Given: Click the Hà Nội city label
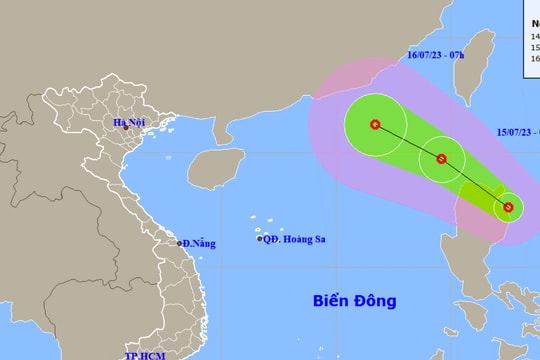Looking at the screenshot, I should pyautogui.click(x=129, y=124).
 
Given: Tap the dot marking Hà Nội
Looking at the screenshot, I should pyautogui.click(x=129, y=137).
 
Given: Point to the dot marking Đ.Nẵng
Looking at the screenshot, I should pyautogui.click(x=179, y=243).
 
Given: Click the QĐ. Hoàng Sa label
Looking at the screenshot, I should pyautogui.click(x=296, y=239).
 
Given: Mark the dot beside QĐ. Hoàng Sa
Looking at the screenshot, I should pyautogui.click(x=260, y=239).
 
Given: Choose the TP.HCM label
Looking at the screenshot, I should pyautogui.click(x=144, y=355).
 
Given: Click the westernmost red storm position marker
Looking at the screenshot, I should pyautogui.click(x=375, y=125).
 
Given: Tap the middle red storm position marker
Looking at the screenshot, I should pyautogui.click(x=441, y=158).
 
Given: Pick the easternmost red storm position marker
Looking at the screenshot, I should pyautogui.click(x=508, y=207).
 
